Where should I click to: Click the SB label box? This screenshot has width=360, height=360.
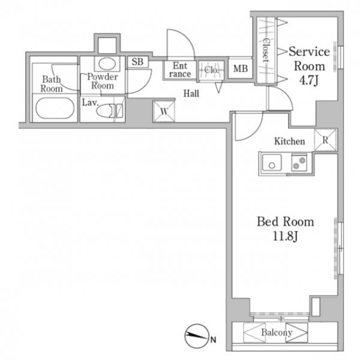[138, 62]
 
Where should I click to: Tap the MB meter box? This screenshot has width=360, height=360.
[241, 68]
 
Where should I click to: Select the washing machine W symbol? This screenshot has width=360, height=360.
[164, 112]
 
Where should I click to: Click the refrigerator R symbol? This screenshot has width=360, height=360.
[325, 140]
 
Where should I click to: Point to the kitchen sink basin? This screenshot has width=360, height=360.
[272, 163]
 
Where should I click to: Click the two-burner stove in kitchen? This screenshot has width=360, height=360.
[299, 163]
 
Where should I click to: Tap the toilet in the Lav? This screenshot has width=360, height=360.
[110, 110]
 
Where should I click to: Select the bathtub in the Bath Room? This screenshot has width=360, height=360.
[55, 108]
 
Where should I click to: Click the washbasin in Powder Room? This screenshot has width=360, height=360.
[107, 63]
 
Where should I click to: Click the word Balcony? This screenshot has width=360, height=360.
[277, 332]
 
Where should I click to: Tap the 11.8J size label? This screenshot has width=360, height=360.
[286, 236]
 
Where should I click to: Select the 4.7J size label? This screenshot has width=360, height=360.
[309, 80]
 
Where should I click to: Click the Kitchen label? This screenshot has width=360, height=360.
[290, 141]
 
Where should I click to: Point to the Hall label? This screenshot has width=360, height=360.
[191, 94]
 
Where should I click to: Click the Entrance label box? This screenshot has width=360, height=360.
[180, 70]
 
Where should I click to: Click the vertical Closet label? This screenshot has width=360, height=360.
[266, 51]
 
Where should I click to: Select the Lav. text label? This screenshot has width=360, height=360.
[90, 103]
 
